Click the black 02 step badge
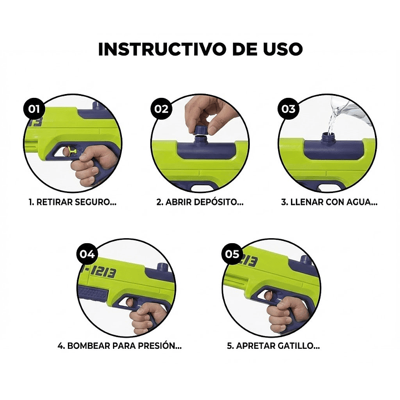[x=161, y=108]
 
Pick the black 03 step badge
[x=288, y=108]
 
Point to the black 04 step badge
[x=88, y=254]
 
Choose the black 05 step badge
[x=231, y=254]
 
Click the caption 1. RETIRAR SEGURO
[x=72, y=202]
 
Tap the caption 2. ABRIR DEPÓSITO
[x=200, y=202]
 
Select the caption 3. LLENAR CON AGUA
[x=329, y=202]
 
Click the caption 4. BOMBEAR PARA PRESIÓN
[x=120, y=345]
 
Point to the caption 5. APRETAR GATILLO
[x=273, y=345]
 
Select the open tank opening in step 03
[x=329, y=135]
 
